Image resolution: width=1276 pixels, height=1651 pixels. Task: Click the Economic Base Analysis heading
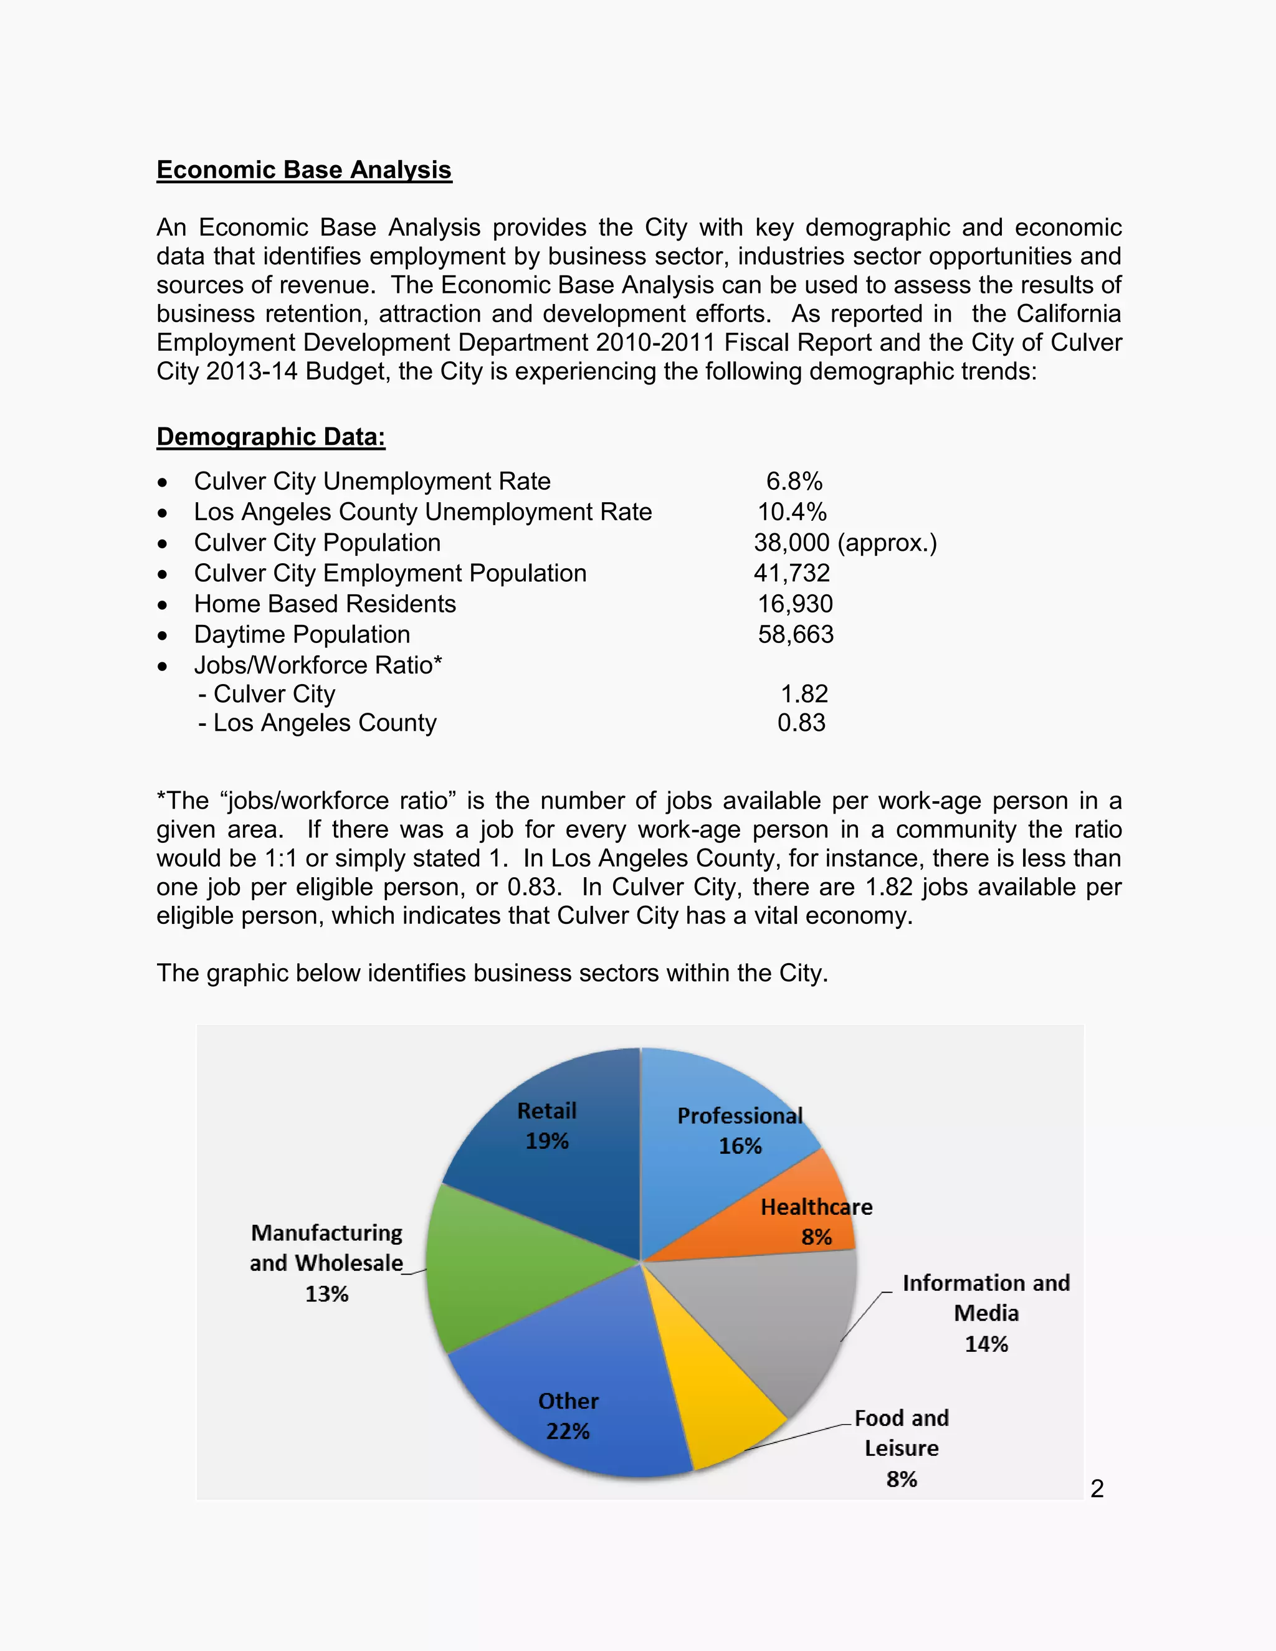(304, 170)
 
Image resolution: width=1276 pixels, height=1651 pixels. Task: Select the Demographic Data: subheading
(270, 437)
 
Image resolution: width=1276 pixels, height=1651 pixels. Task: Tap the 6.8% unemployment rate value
(794, 482)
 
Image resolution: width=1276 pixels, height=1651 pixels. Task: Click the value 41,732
(791, 574)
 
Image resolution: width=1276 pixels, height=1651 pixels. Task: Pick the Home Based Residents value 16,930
(795, 604)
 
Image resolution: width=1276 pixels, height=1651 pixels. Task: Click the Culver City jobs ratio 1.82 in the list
(804, 694)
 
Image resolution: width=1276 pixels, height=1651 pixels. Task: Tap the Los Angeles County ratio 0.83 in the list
(801, 723)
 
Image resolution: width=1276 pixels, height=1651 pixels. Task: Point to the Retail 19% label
(546, 1126)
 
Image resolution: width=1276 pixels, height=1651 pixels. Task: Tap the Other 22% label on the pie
(568, 1416)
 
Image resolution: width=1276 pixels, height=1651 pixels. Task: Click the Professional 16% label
(740, 1131)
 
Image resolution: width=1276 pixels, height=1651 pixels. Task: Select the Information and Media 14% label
(986, 1313)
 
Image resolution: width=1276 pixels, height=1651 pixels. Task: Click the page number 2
(1097, 1488)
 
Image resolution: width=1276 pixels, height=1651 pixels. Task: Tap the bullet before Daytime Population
(163, 635)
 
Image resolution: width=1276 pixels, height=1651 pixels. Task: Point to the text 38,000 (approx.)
(844, 543)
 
